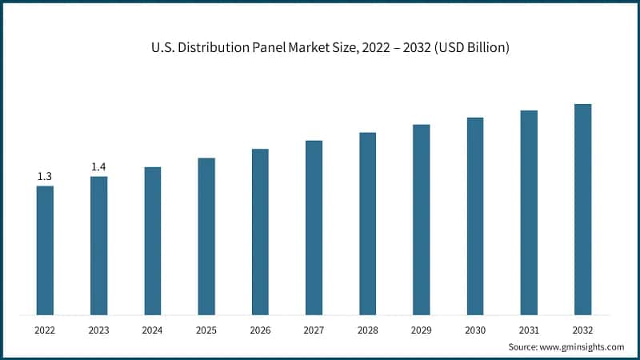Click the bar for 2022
[45, 250]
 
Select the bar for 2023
[98, 245]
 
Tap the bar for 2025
[206, 236]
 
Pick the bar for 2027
[314, 227]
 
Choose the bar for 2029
[422, 219]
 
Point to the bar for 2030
[475, 216]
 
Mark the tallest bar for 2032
[582, 209]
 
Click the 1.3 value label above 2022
[45, 176]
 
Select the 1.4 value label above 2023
[98, 166]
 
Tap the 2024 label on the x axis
[152, 329]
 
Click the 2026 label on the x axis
[260, 329]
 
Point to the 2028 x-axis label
[367, 329]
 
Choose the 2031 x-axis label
[529, 329]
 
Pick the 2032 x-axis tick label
[582, 329]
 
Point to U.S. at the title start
[162, 48]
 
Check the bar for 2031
[529, 212]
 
